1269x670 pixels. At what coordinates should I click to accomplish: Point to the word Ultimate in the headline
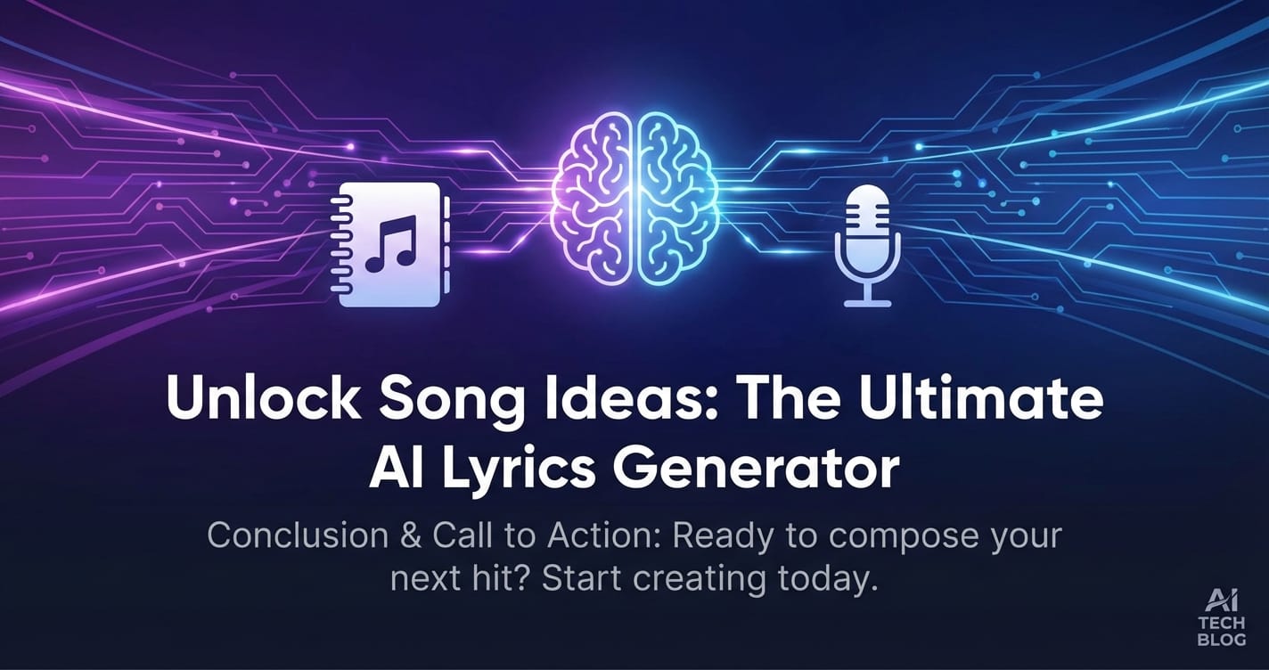[980, 400]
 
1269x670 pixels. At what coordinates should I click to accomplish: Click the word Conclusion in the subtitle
[298, 535]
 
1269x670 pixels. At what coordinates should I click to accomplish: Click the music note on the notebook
[391, 243]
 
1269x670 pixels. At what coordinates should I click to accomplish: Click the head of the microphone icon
[867, 226]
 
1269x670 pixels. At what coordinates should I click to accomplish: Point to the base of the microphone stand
[867, 304]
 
